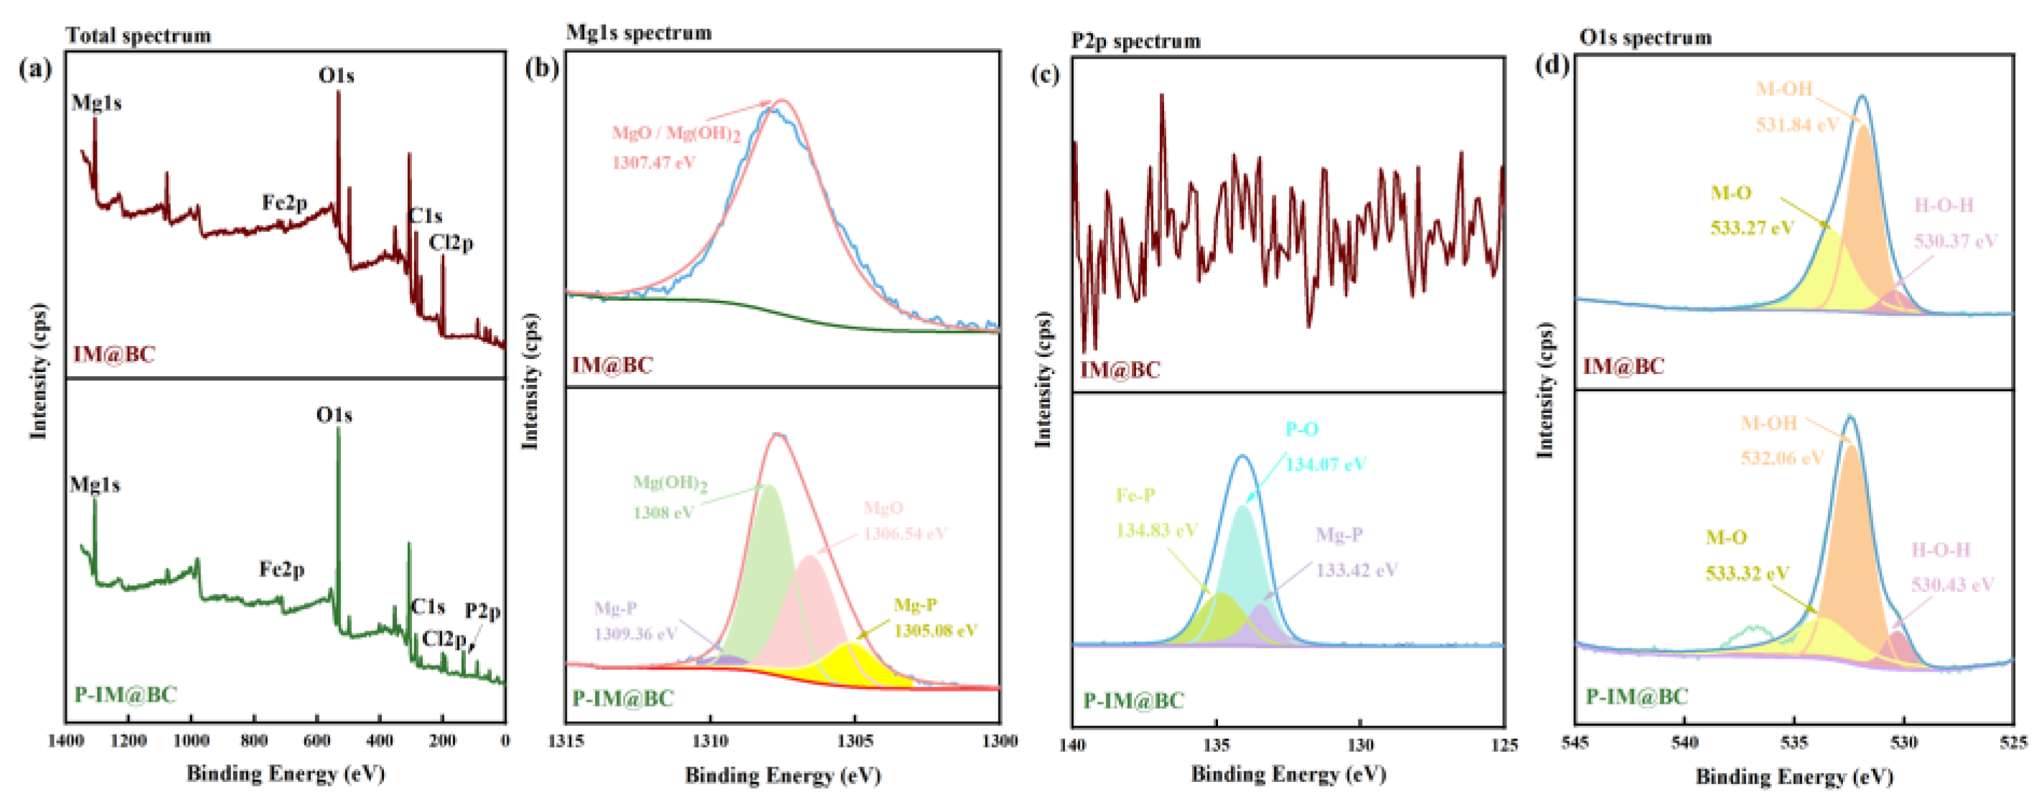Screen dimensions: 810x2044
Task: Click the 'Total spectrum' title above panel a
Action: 138,36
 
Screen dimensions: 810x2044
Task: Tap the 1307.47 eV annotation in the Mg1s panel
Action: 653,163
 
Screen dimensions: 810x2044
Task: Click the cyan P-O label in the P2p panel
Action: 1302,429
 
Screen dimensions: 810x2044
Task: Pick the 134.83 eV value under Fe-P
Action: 1156,530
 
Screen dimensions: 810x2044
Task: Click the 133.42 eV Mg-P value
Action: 1357,569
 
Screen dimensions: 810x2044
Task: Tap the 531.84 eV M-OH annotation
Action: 1796,124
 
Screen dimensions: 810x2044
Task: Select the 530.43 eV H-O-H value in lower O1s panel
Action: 1952,585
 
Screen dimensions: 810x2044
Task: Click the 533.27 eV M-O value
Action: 1751,228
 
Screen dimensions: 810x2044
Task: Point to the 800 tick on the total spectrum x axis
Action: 253,741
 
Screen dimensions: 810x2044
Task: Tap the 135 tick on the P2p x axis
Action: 1216,745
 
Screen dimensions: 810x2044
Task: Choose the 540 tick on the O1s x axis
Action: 1684,742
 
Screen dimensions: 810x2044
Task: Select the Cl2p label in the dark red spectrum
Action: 451,242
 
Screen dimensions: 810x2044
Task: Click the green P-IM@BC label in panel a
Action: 126,695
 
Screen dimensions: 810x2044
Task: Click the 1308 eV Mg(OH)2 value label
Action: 663,512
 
